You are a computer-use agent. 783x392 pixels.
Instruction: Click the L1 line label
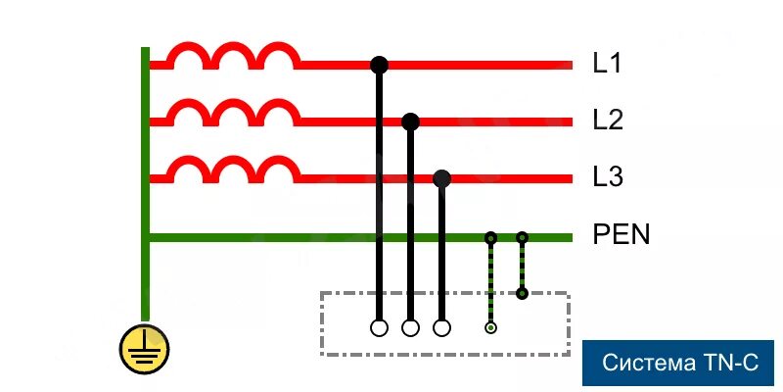[608, 65]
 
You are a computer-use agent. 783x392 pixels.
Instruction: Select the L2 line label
[608, 122]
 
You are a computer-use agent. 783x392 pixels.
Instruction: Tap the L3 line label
[608, 178]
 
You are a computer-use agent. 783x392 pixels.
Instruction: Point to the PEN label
[622, 236]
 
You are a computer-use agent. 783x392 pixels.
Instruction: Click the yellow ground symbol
[144, 348]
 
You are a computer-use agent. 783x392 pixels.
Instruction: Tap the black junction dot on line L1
[380, 66]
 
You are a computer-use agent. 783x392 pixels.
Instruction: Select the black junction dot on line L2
[411, 122]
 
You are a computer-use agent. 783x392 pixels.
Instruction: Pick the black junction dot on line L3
[441, 178]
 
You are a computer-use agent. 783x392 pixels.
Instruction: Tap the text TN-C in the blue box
[730, 364]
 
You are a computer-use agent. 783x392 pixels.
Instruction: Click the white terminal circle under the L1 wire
[380, 328]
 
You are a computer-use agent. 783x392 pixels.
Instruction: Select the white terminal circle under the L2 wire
[411, 328]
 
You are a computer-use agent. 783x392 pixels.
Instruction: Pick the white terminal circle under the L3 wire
[441, 328]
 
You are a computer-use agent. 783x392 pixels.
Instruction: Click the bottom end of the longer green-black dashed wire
[490, 327]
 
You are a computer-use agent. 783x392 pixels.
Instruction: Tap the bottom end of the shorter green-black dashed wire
[523, 293]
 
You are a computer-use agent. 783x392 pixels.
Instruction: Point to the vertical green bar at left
[145, 176]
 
